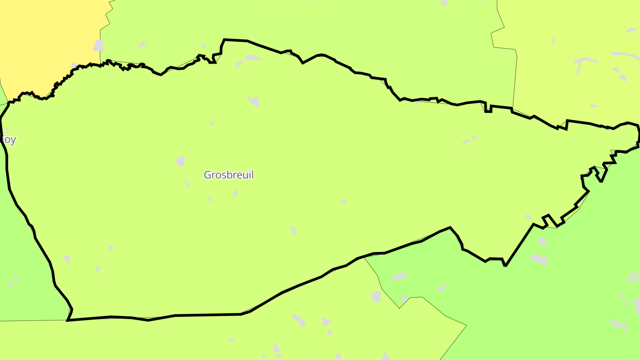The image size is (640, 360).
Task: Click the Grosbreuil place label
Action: coord(228,175)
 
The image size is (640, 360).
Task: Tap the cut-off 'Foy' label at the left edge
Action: coord(8,140)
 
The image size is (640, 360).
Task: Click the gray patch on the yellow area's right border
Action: coord(98,45)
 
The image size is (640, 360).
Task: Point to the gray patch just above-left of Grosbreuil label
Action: coord(180,161)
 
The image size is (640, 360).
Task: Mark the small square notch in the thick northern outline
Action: coord(488,108)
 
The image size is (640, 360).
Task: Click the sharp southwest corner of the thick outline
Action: coord(68,320)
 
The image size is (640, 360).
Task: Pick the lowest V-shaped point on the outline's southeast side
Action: coord(505,265)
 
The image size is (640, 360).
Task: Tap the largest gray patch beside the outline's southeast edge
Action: coord(539,259)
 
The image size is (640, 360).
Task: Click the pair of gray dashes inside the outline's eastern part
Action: coord(469,140)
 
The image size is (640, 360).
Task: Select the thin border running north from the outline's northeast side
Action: coord(515,80)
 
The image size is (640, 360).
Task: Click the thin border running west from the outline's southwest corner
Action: coord(31,320)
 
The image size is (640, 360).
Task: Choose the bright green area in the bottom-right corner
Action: coord(556,311)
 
